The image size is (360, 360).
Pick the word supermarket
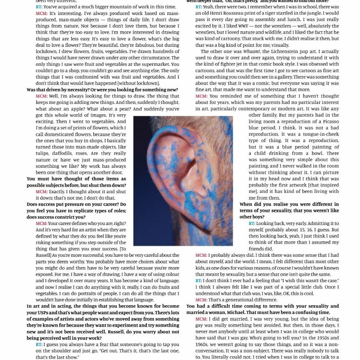(x=153, y=64)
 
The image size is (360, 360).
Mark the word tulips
(x=42, y=153)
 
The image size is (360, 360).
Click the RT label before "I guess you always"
(x=39, y=344)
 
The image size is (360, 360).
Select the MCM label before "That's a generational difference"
(x=201, y=300)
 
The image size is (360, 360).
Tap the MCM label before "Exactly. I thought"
(x=42, y=192)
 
